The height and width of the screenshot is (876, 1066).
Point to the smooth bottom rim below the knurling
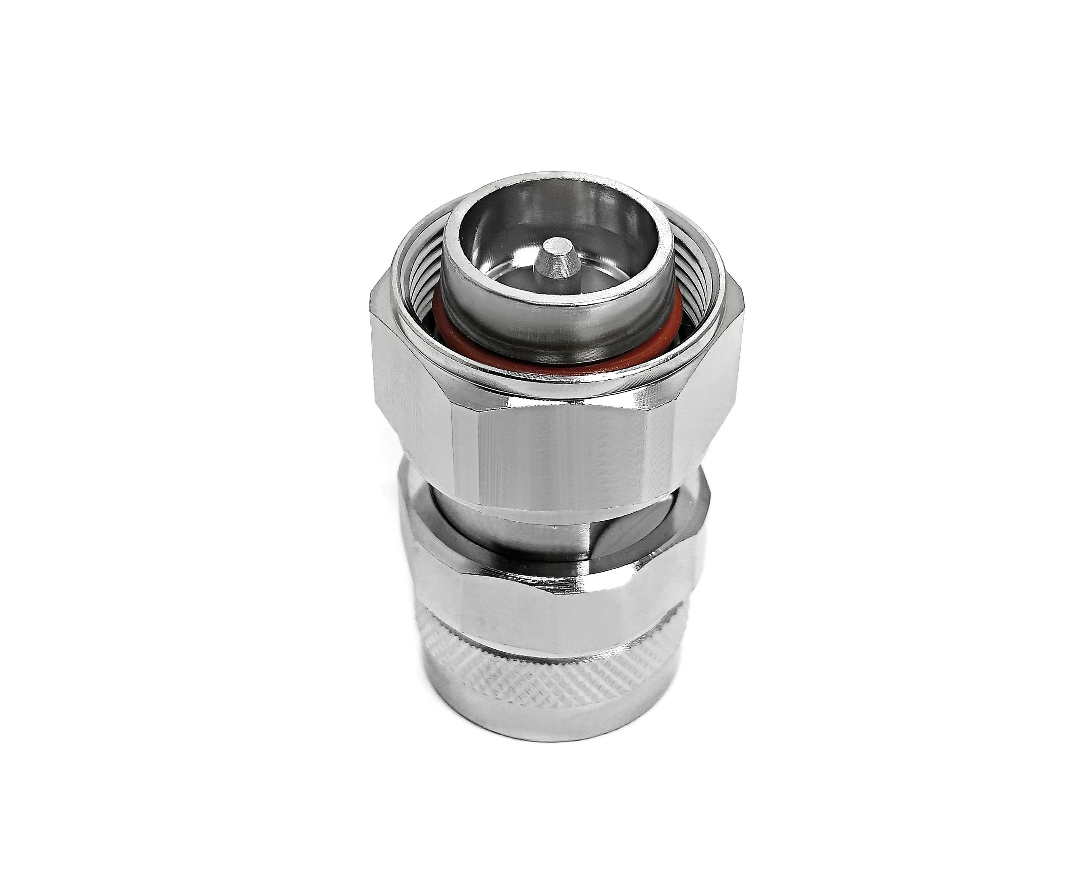click(545, 727)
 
